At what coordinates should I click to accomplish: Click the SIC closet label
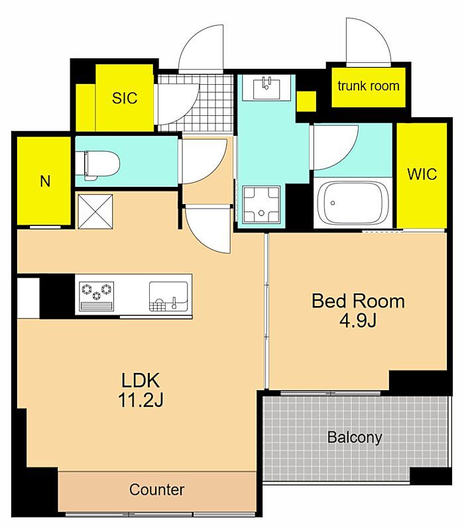pos(125,98)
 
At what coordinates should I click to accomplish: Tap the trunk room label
pos(369,86)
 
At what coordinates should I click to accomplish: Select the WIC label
pos(422,174)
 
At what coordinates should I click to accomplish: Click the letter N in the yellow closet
pos(45,182)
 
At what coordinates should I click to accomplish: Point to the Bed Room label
pos(358,301)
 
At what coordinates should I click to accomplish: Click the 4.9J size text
pos(358,321)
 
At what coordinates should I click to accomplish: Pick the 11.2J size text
pos(141,401)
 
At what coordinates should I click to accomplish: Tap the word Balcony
pos(355,437)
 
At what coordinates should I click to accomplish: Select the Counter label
pos(156,490)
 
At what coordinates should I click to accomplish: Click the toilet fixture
pos(97,165)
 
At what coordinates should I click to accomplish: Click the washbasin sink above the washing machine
pos(266,88)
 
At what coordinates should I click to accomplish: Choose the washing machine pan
pos(261,204)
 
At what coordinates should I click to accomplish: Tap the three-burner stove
pos(96,295)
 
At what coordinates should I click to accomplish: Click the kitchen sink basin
pos(169,296)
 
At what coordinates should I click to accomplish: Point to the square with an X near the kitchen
pos(95,211)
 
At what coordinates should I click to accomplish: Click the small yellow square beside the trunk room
pos(306,101)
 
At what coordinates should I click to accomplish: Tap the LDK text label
pos(141,380)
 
